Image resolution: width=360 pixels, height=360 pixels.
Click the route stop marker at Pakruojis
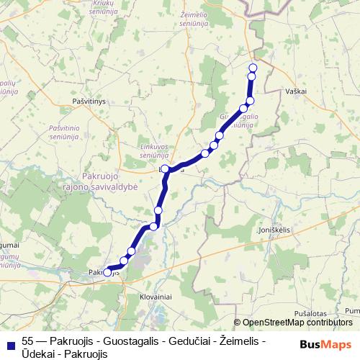point(107,272)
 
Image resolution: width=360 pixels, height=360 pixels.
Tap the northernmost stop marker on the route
point(252,68)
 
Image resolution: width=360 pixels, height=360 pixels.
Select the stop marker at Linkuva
point(166,169)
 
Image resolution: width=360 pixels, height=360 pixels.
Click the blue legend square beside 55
point(9,341)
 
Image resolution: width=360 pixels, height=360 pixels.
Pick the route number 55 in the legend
point(29,341)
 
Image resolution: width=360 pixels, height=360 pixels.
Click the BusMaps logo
point(323,343)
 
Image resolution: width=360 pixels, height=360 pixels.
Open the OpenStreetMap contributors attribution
point(298,323)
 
